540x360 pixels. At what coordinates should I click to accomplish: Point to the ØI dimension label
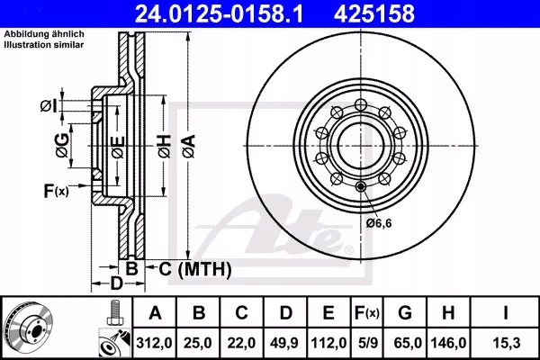point(49,107)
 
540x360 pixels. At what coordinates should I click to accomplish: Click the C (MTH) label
point(189,268)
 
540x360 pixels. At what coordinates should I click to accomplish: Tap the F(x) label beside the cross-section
point(55,191)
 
